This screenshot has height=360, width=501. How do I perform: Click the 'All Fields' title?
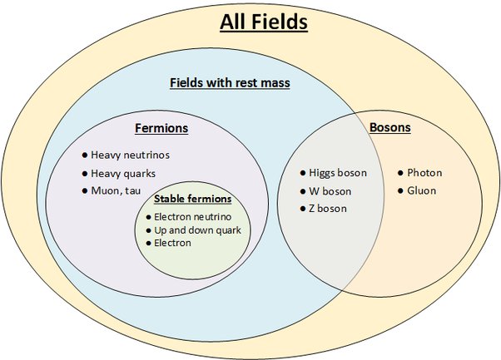coord(264,22)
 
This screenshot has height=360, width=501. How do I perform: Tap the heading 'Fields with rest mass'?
coord(229,83)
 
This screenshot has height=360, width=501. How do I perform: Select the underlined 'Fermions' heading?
coord(161,129)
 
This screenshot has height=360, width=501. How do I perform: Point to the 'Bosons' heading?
coord(389,129)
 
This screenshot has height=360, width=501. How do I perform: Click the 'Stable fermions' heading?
coord(192,200)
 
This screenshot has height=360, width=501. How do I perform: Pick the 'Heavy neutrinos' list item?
coord(130,155)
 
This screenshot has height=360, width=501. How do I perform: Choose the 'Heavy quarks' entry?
coord(123,173)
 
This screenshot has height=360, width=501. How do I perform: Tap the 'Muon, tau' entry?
coord(117,190)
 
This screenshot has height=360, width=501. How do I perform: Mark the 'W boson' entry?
coord(330,191)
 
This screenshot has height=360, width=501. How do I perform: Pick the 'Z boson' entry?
coord(328,208)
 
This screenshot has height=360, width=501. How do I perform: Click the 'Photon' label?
coord(424,173)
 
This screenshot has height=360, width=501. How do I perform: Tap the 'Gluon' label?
coord(421,190)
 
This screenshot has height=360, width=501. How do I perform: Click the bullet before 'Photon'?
coord(400,173)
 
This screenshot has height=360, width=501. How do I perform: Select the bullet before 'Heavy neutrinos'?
coord(84,155)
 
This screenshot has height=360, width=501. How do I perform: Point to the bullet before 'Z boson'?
coord(302,208)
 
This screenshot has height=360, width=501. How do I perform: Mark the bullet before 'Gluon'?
coord(400,190)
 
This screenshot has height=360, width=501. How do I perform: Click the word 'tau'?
coord(134,190)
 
